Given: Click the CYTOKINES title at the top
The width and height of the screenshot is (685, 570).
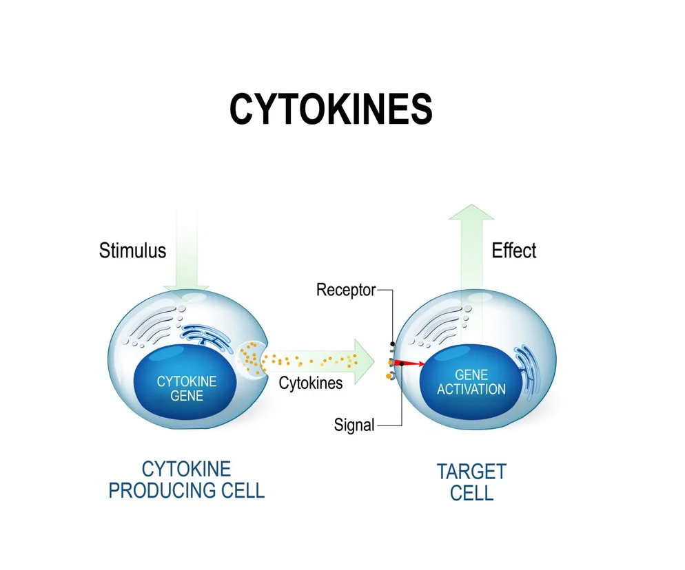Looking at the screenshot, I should click(x=331, y=109).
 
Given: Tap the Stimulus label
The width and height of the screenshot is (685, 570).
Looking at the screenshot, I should click(x=132, y=249).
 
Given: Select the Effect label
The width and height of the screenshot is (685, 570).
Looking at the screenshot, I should click(x=513, y=251).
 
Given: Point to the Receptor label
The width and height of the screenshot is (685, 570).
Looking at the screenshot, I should click(x=346, y=290).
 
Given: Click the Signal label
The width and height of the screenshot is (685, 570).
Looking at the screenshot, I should click(x=354, y=425).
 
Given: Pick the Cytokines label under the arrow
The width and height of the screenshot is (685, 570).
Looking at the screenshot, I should click(x=310, y=383).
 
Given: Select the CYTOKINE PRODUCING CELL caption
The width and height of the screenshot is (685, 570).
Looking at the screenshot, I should click(x=186, y=480).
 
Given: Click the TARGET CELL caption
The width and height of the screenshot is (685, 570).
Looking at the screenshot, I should click(x=471, y=482).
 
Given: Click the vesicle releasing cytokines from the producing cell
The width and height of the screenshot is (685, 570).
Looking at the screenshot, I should click(x=250, y=359).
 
